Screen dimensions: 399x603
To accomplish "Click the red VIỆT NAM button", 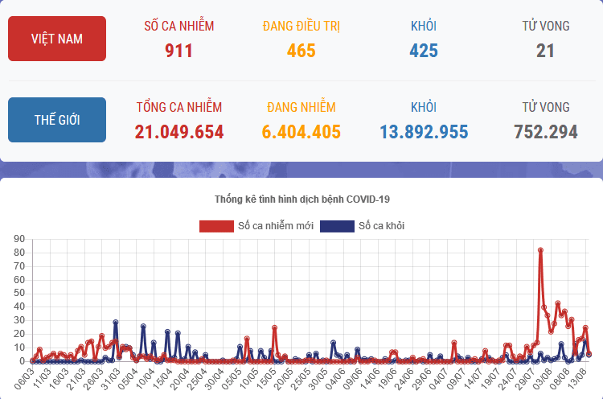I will click(x=56, y=39).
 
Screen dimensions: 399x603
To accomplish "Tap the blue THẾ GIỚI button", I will click(x=56, y=120).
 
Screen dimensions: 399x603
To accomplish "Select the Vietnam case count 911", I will click(x=178, y=51).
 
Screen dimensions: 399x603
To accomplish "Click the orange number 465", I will click(x=301, y=51).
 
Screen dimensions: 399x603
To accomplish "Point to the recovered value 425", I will click(x=423, y=51).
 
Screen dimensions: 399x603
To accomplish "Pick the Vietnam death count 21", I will click(x=545, y=51).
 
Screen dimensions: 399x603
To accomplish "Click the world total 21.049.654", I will click(x=178, y=133).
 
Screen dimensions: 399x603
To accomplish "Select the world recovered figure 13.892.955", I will click(x=423, y=133).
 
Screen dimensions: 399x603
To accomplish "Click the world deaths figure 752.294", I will click(x=545, y=133).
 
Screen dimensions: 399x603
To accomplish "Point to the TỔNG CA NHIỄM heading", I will click(x=178, y=107).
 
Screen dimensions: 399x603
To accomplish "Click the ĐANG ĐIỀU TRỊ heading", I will click(x=301, y=26).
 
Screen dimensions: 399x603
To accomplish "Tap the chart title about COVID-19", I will click(x=301, y=199).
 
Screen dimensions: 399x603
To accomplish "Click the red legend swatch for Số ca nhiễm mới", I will click(x=216, y=226).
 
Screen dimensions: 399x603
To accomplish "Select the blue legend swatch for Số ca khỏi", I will click(x=337, y=226).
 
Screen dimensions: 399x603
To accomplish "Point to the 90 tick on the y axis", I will click(x=20, y=239).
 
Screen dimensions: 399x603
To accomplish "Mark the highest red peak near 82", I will click(x=540, y=250).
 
